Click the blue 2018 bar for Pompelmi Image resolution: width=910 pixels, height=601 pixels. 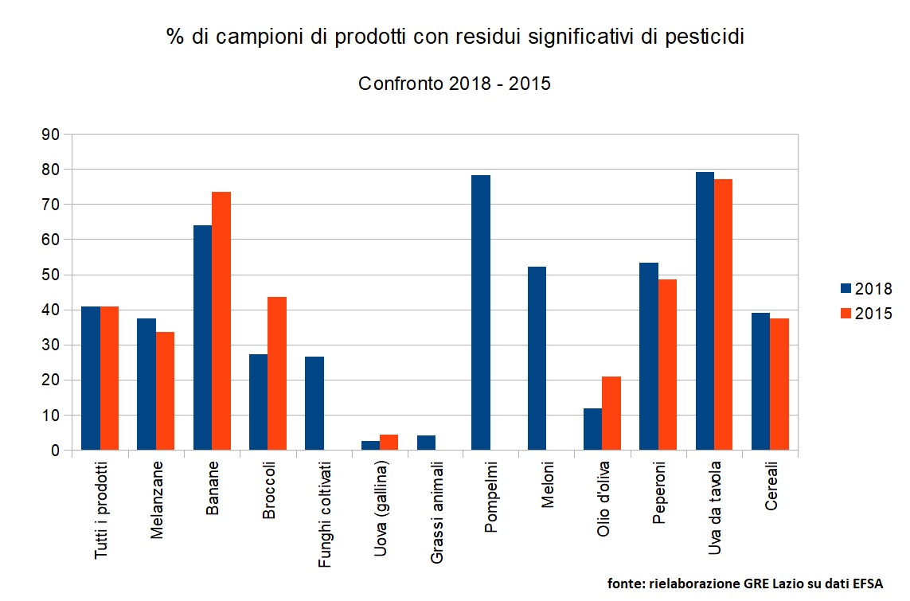(481, 313)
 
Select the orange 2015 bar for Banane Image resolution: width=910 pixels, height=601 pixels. (221, 321)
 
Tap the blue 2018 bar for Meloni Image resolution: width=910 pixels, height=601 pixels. (537, 358)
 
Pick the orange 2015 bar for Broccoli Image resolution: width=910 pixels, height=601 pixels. (277, 373)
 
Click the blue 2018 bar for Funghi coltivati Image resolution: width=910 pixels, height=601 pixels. (314, 404)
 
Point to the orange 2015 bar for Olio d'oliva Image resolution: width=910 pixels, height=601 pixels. (611, 413)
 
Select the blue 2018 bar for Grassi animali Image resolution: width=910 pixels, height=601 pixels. (426, 443)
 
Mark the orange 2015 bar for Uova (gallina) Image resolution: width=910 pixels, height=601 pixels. (389, 443)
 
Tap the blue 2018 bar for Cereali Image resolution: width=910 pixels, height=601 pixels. (760, 381)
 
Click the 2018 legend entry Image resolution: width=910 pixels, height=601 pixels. (866, 289)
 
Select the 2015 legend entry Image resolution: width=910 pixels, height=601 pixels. (866, 314)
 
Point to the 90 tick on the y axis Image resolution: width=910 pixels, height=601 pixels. (51, 135)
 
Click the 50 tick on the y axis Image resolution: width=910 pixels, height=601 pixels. (51, 275)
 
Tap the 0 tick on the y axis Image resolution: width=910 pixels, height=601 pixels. (55, 451)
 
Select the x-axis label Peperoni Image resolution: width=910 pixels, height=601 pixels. (659, 497)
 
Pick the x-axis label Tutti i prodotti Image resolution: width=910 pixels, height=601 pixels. (102, 509)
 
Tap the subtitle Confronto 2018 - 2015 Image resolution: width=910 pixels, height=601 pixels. (455, 84)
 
